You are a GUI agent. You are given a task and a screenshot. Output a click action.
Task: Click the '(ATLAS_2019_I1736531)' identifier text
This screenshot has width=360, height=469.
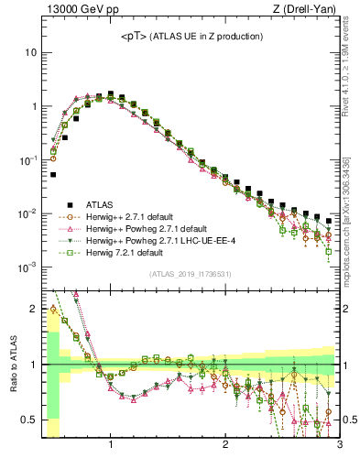click(191, 273)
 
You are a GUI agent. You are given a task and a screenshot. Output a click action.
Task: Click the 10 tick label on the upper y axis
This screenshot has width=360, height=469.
click(29, 52)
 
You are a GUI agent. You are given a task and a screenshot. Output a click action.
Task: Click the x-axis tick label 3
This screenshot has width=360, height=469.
click(339, 445)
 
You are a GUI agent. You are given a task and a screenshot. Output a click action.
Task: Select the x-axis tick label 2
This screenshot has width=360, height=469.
click(225, 445)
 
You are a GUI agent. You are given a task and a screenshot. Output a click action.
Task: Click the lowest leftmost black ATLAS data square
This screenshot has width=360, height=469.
click(53, 174)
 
